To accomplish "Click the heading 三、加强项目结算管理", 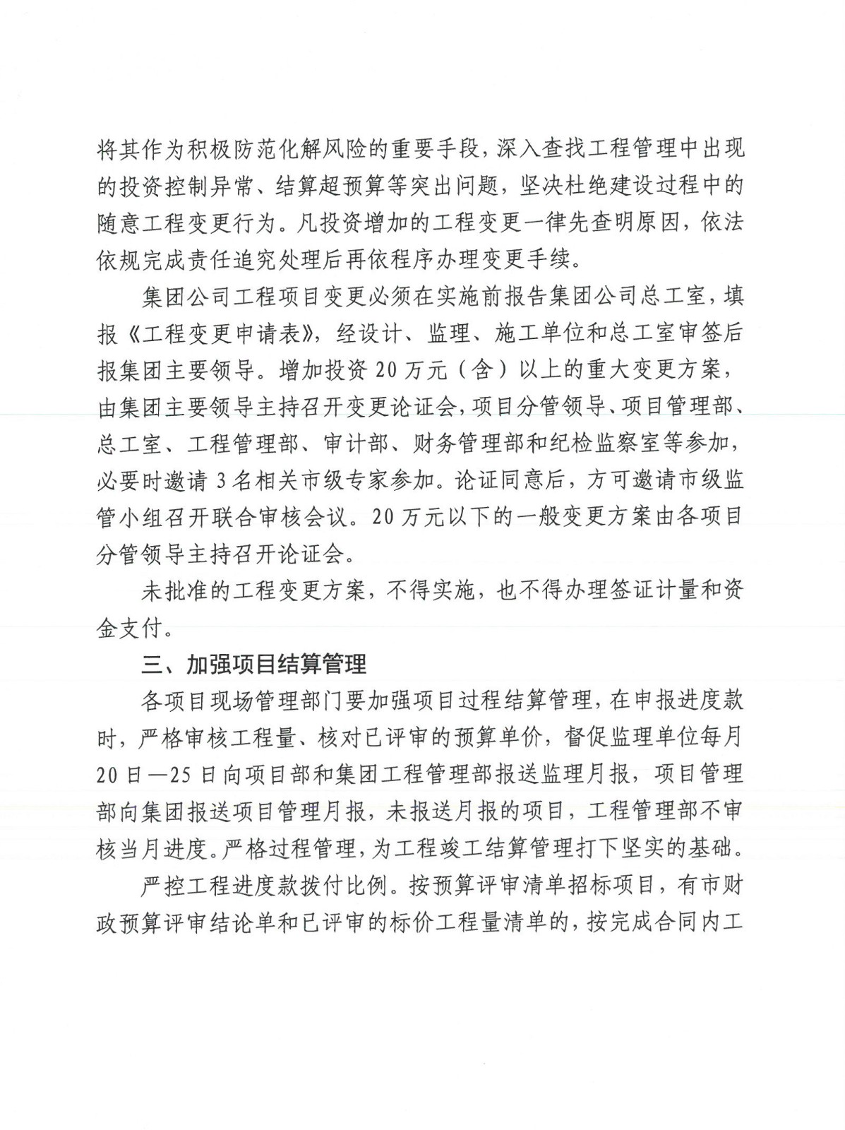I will click(254, 665).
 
